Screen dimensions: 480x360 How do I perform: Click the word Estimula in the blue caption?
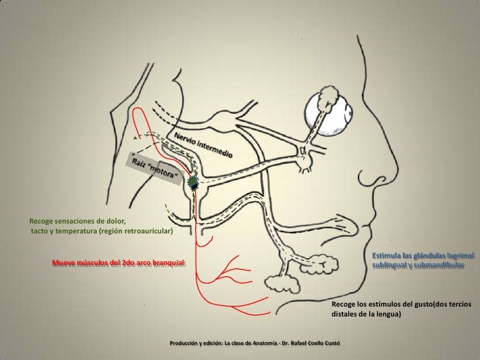pos(386,255)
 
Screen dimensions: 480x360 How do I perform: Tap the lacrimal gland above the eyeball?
pos(324,101)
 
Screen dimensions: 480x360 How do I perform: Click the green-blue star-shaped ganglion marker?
pos(193,182)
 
